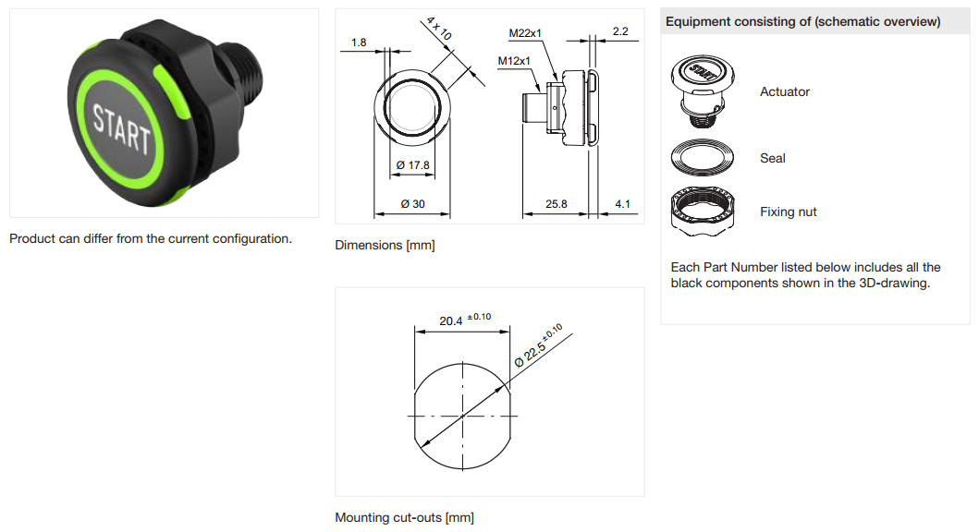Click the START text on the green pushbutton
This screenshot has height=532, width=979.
(x=122, y=129)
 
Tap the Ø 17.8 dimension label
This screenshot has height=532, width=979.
(x=412, y=165)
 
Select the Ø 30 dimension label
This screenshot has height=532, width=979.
(x=412, y=204)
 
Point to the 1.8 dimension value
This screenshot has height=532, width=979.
(x=359, y=42)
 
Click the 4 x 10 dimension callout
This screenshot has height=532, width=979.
(x=439, y=29)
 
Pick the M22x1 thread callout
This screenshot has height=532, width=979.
(x=525, y=33)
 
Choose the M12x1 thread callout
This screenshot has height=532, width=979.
(x=514, y=61)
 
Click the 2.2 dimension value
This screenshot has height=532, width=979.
(x=620, y=31)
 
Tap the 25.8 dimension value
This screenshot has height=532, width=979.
(x=557, y=204)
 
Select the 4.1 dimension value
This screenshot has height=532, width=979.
(x=622, y=204)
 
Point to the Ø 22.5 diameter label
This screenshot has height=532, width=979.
(x=538, y=345)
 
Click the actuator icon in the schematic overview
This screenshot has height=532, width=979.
(x=703, y=91)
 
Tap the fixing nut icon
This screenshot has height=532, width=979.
(x=703, y=212)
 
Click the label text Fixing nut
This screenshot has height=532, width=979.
(x=788, y=212)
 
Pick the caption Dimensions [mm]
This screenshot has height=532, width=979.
(x=385, y=245)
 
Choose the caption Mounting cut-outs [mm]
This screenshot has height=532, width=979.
(x=405, y=517)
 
